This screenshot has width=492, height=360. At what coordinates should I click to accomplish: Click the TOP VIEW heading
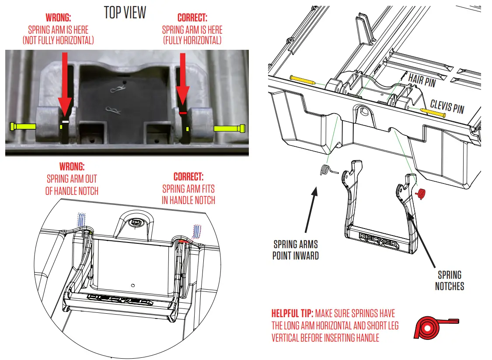[x=125, y=13]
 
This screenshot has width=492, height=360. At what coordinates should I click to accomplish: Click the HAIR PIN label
[x=423, y=80]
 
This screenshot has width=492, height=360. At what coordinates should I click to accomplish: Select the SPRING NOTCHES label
[x=449, y=280]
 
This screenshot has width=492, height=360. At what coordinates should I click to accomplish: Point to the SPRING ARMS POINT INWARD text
[x=296, y=249]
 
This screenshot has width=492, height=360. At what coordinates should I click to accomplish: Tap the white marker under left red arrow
[x=65, y=121]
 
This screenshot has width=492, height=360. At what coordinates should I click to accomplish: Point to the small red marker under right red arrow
[x=183, y=113]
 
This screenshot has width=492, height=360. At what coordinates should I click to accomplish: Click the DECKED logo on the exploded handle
[x=378, y=239]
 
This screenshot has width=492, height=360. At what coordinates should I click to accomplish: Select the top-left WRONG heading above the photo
[x=58, y=19]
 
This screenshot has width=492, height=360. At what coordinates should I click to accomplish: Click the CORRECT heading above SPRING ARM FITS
[x=188, y=177]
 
